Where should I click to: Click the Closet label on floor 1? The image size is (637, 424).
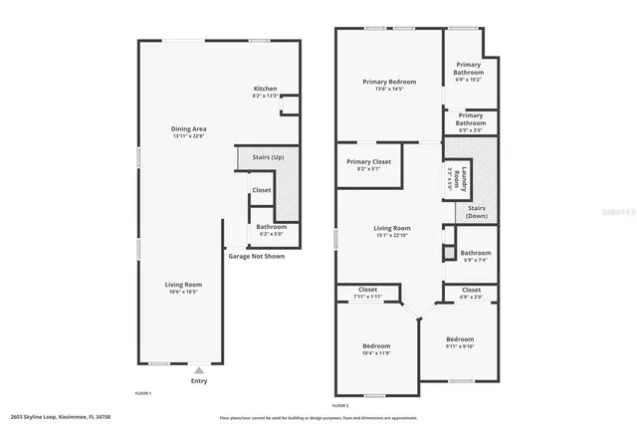tap(262, 189)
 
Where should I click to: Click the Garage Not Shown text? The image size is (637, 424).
tap(256, 256)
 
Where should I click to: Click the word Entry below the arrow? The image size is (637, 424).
tap(199, 380)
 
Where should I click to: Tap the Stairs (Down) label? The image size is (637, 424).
tap(476, 212)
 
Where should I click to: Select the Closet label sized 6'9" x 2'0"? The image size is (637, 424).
tap(471, 293)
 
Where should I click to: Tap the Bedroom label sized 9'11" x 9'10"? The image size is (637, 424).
tap(460, 341)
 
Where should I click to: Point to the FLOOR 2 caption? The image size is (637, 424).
tap(340, 405)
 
